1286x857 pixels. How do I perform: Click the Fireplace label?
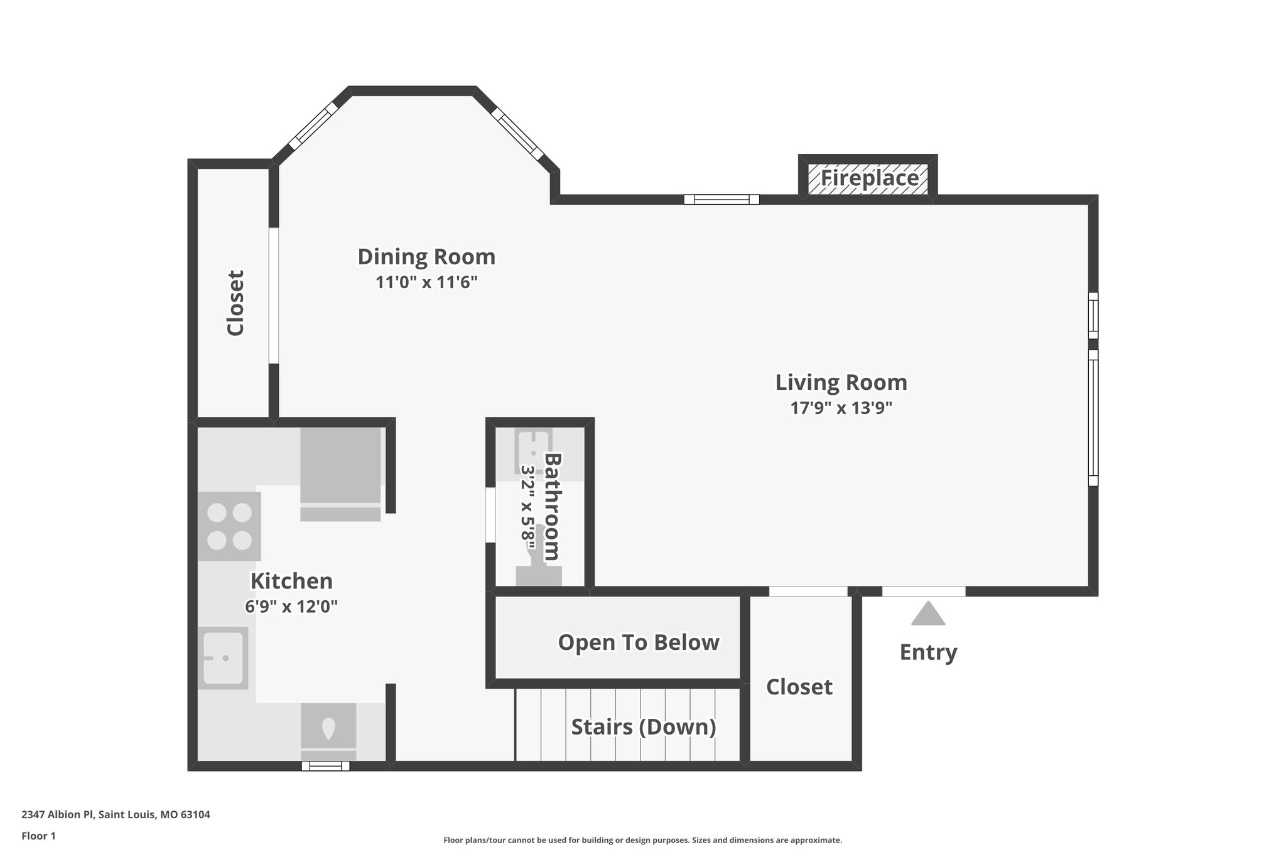point(869,178)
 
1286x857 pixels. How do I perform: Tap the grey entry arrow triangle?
point(928,615)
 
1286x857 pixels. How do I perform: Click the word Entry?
point(928,652)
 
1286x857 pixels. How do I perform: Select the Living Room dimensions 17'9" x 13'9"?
point(841,408)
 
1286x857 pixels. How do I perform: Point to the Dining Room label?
point(426,257)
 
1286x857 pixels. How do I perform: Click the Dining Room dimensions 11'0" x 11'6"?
point(426,283)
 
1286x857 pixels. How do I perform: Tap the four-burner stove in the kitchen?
point(229,526)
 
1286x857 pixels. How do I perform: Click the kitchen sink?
point(223,657)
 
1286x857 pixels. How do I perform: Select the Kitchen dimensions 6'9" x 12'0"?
point(291,606)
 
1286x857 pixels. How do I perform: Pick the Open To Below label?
point(638,642)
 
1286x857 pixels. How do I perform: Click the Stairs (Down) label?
point(643,727)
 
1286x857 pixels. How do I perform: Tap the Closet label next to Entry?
point(799,687)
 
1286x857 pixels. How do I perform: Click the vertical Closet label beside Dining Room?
point(235,303)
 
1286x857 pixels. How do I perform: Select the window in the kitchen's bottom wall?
point(325,766)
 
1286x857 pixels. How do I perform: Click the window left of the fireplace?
point(721,200)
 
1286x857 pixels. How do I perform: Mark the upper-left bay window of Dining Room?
point(313,126)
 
